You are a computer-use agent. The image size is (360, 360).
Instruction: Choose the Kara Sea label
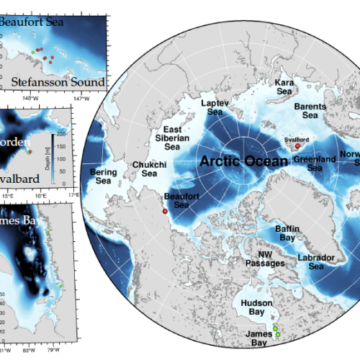click(286, 88)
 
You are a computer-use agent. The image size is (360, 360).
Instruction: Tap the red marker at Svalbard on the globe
click(297, 146)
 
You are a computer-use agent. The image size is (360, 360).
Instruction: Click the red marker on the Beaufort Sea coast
click(165, 212)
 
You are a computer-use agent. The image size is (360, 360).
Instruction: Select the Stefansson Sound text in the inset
click(62, 81)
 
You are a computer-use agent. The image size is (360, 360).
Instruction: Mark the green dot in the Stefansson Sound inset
click(32, 52)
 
